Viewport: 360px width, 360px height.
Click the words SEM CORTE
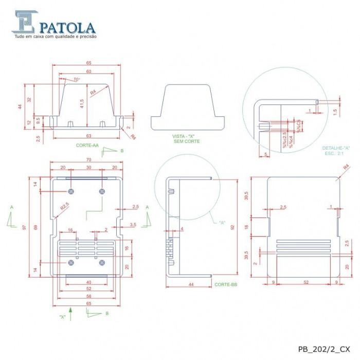[x=186, y=141]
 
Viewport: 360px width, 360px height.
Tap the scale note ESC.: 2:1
[x=336, y=153]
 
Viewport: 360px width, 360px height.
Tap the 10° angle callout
[x=76, y=80]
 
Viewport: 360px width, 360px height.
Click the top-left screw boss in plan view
[x=71, y=191]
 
